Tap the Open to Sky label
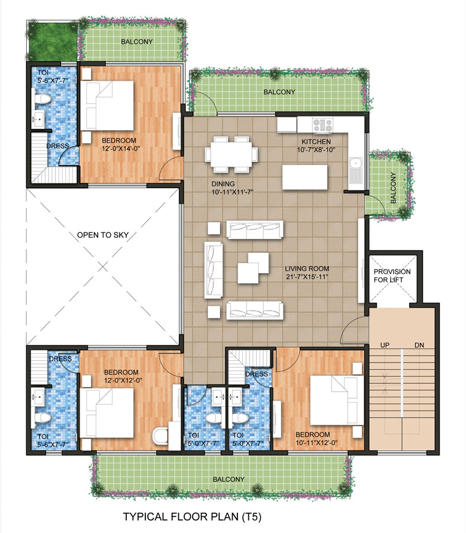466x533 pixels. click(x=103, y=235)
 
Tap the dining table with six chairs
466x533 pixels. click(x=233, y=154)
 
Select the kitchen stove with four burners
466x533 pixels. click(x=324, y=125)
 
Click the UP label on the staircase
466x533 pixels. click(x=385, y=345)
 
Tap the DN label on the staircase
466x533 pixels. click(x=419, y=345)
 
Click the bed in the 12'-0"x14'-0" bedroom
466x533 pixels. click(x=108, y=105)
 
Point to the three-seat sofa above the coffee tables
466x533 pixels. click(x=255, y=230)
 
